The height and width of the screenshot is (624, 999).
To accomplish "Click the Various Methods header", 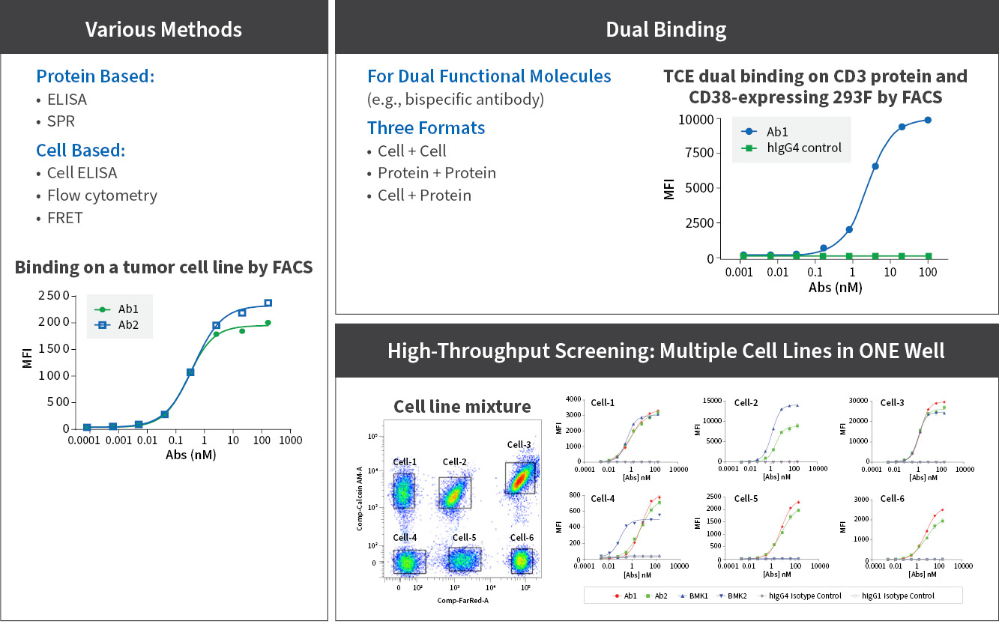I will pyautogui.click(x=163, y=29).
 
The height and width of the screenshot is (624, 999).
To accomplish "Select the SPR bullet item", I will pyautogui.click(x=61, y=121).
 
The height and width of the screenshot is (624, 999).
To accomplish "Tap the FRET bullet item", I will pyautogui.click(x=64, y=217).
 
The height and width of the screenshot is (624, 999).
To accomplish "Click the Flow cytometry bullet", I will pyautogui.click(x=102, y=196).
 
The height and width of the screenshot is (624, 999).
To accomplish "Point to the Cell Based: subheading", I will pyautogui.click(x=81, y=150).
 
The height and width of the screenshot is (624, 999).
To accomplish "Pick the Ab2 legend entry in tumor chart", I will pyautogui.click(x=128, y=325).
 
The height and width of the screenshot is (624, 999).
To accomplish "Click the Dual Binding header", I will pyautogui.click(x=666, y=29).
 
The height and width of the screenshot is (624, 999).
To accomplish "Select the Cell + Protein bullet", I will pyautogui.click(x=424, y=196).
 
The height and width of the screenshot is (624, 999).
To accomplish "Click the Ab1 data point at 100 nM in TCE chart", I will pyautogui.click(x=928, y=120).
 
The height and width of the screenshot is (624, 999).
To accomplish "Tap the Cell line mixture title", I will pyautogui.click(x=462, y=406).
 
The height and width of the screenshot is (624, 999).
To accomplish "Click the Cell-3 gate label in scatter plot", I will pyautogui.click(x=519, y=445).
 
